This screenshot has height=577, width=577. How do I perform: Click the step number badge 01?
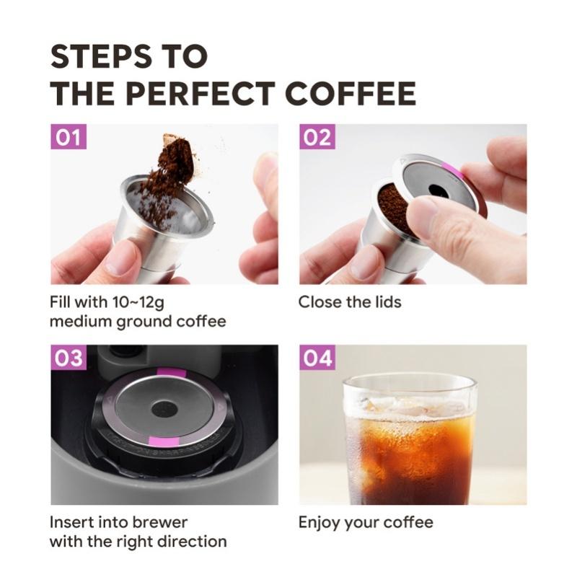click(x=69, y=136)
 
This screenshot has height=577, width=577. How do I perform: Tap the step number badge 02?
click(x=317, y=136)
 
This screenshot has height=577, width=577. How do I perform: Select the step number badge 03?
click(x=69, y=357)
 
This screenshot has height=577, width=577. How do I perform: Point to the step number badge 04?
click(x=317, y=357)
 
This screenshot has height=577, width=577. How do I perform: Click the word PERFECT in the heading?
click(x=201, y=93)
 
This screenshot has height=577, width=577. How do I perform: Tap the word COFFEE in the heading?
click(x=351, y=93)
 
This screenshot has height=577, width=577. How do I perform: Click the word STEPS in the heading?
click(x=101, y=56)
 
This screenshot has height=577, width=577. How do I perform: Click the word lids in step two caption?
click(x=388, y=301)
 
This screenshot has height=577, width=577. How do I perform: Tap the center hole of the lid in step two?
click(x=438, y=190)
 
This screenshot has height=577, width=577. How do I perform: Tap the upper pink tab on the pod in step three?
click(x=172, y=371)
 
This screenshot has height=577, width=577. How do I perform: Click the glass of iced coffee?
click(x=409, y=440)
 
